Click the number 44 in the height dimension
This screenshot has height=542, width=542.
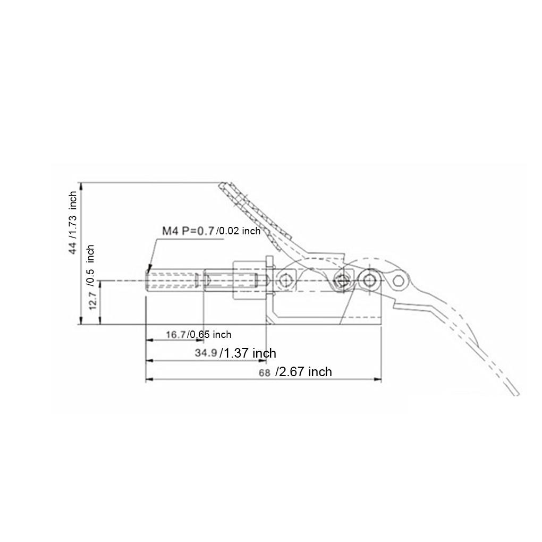[73, 248]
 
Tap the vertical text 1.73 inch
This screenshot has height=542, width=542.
[73, 215]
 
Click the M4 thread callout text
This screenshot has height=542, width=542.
[170, 231]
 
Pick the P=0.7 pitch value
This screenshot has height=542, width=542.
[197, 231]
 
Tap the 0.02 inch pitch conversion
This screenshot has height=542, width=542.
[239, 231]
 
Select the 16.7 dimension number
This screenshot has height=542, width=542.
[175, 334]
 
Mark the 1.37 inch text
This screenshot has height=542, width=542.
[249, 353]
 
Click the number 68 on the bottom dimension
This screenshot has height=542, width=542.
[265, 372]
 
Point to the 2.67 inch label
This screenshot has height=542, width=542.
[304, 372]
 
